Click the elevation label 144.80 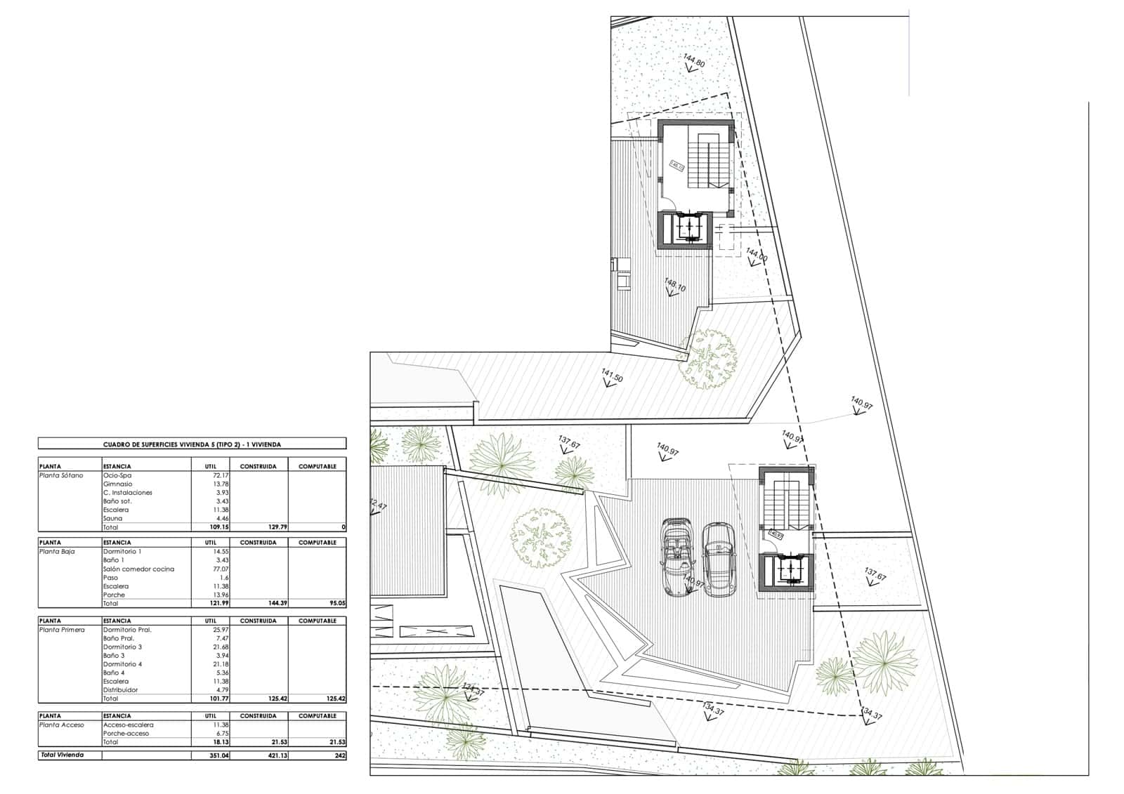pyautogui.click(x=693, y=62)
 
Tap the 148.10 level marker pyautogui.click(x=675, y=286)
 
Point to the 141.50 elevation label pyautogui.click(x=612, y=375)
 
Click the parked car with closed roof pyautogui.click(x=718, y=559)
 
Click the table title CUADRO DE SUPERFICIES pyautogui.click(x=192, y=444)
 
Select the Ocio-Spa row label pyautogui.click(x=117, y=475)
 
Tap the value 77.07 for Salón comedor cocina pyautogui.click(x=219, y=569)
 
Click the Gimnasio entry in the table pyautogui.click(x=117, y=484)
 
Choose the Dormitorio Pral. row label pyautogui.click(x=126, y=630)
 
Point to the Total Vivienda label pyautogui.click(x=62, y=755)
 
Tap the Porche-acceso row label pyautogui.click(x=126, y=733)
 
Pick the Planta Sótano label pyautogui.click(x=61, y=475)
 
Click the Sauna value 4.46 pyautogui.click(x=221, y=518)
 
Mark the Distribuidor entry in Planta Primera pyautogui.click(x=120, y=690)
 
